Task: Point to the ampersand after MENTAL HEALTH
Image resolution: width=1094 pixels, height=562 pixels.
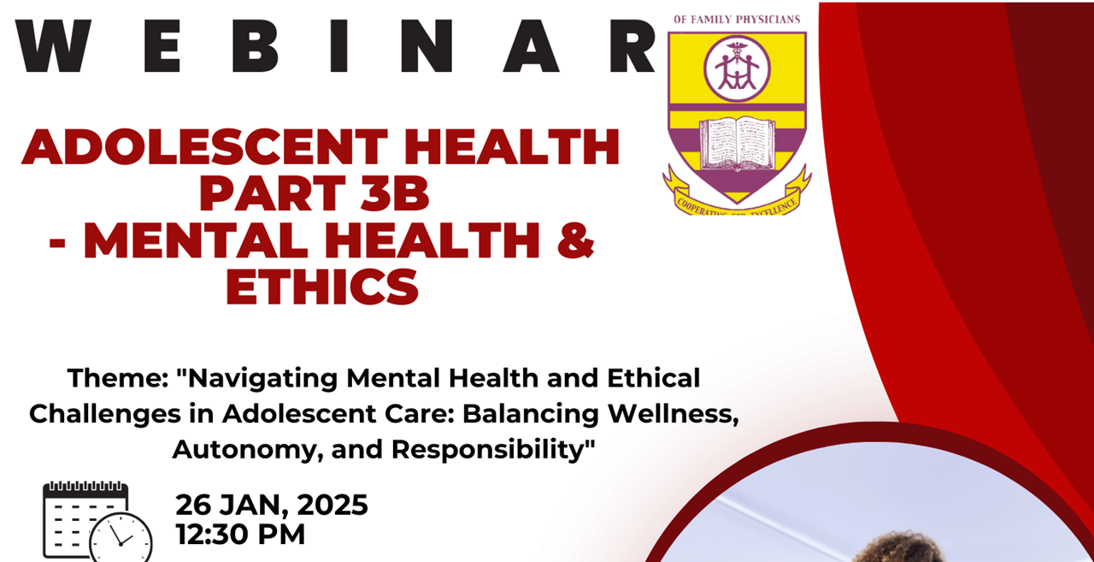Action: click(x=579, y=241)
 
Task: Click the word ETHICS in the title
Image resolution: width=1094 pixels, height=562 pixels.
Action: click(x=321, y=287)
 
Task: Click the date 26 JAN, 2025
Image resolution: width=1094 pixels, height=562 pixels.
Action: click(x=272, y=505)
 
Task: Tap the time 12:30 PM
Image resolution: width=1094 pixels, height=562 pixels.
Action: click(x=240, y=535)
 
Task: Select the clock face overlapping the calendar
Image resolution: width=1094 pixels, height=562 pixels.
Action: click(x=121, y=539)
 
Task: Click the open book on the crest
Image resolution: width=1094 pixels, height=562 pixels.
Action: click(x=737, y=143)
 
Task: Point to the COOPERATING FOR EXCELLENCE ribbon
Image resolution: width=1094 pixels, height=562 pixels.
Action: click(x=737, y=199)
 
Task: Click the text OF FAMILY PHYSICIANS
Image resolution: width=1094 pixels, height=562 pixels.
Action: click(x=737, y=19)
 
